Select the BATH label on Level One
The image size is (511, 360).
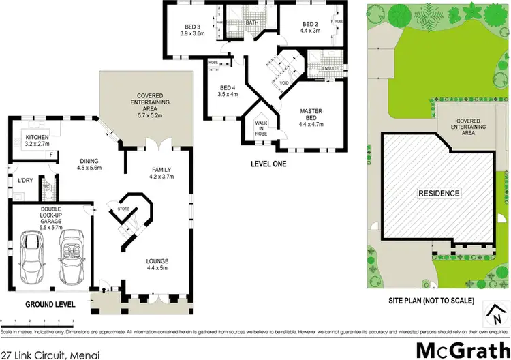point(252,22)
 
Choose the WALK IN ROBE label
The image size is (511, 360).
point(262,127)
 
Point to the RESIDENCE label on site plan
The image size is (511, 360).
point(438,193)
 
